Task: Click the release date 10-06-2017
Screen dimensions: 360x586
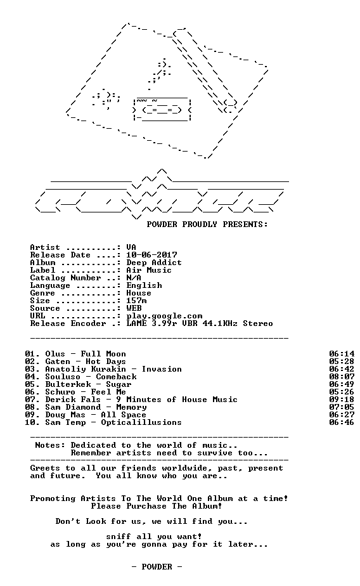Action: click(151, 255)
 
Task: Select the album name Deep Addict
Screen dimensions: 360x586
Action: click(154, 263)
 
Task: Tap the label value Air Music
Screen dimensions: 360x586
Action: click(149, 270)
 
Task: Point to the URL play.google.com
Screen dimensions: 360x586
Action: click(164, 316)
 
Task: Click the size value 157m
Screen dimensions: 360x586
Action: click(136, 301)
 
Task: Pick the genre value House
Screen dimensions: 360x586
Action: click(139, 293)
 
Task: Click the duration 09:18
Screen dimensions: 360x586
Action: click(342, 400)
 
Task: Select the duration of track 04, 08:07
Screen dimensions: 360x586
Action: click(342, 377)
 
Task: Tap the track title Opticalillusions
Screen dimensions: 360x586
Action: click(141, 422)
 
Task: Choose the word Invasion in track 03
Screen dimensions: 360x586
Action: click(162, 369)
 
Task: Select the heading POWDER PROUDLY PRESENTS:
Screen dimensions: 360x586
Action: click(207, 225)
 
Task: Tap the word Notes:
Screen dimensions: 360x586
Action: click(50, 445)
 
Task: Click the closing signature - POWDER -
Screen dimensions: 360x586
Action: click(157, 567)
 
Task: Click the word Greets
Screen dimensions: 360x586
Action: click(45, 468)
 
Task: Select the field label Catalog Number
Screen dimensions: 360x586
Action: click(65, 278)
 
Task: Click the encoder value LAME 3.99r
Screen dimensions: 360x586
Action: click(151, 323)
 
